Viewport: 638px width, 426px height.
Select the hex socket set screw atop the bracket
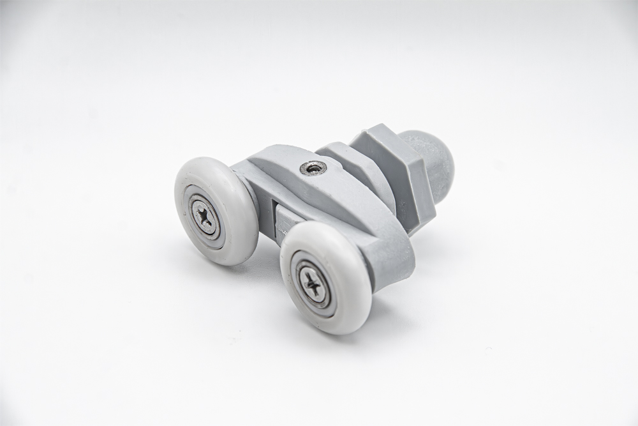coord(313,167)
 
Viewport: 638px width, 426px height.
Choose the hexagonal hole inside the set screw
coord(313,167)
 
